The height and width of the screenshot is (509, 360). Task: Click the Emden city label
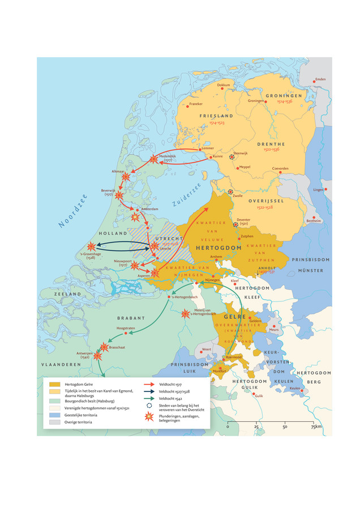pos(320,79)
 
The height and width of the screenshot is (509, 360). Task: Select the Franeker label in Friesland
pos(196,103)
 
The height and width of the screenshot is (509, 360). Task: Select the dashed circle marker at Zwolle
pos(230,192)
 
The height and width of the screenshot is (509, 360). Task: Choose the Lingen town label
pos(318,189)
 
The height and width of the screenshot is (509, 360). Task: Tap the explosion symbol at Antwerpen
pos(98,356)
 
